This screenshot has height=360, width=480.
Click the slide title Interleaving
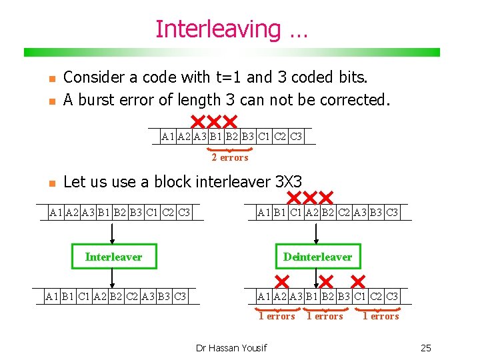(231, 29)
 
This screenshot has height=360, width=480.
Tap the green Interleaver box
(113, 257)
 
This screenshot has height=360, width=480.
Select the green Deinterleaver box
(317, 257)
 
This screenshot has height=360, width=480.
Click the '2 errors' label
(229, 158)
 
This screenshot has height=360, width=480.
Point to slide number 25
(426, 347)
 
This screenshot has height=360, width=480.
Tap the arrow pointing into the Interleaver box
(113, 233)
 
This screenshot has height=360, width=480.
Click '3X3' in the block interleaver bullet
(288, 181)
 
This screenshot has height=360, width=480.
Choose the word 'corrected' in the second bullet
(354, 100)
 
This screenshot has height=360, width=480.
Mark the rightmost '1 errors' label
(381, 317)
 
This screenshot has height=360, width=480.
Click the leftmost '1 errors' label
(277, 317)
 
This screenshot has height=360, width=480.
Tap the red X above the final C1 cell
(358, 280)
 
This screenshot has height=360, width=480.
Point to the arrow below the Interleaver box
(113, 278)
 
